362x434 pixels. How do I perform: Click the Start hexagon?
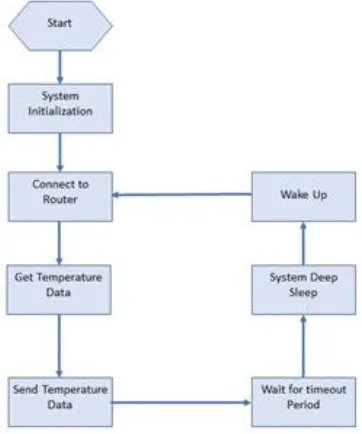60,25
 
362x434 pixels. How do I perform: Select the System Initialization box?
60,108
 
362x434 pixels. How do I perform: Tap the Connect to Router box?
60,196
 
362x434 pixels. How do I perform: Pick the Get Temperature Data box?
59,290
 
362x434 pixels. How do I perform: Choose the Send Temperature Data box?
60,402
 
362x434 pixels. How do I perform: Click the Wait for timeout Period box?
304,402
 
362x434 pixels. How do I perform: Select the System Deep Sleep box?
304,290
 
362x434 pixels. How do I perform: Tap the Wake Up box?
304,196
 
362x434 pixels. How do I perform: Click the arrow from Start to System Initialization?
60,67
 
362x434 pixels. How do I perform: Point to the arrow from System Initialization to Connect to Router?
60,152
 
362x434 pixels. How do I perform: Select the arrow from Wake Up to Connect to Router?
182,194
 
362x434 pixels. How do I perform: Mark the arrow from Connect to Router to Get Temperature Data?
59,243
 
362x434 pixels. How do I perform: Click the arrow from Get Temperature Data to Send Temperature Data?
59,346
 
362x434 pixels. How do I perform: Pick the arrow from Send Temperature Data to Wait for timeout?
181,403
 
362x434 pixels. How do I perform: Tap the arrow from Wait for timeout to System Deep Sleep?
303,346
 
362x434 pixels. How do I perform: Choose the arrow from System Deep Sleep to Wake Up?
303,243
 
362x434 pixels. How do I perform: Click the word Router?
60,199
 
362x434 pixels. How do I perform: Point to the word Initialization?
60,111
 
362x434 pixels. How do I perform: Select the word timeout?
326,389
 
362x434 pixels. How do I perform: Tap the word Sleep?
303,293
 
